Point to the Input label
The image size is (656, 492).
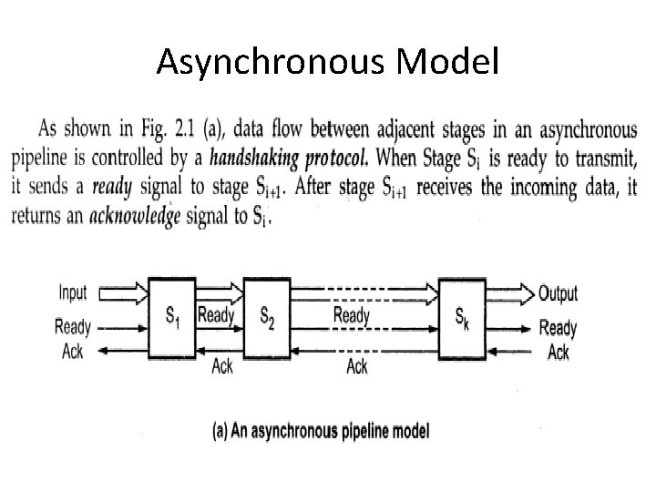73,292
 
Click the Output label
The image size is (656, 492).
559,293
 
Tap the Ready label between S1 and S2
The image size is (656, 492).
217,316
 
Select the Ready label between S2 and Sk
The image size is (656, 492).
352,316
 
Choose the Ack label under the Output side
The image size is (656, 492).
559,352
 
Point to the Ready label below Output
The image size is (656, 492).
558,328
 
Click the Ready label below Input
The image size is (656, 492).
73,325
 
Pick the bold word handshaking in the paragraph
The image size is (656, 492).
255,157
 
